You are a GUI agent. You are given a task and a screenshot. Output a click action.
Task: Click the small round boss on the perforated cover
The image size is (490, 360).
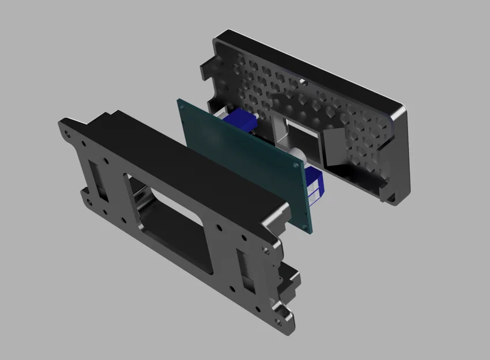pyautogui.click(x=302, y=81)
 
